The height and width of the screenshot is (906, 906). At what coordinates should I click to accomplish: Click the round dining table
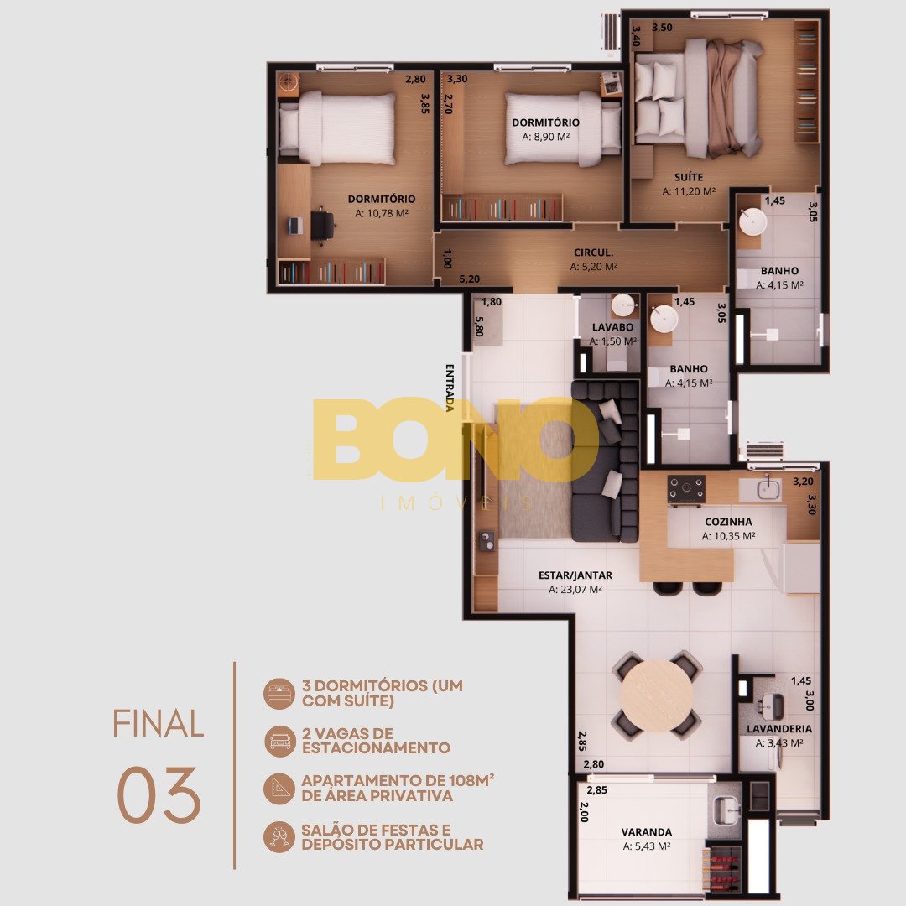coord(658,695)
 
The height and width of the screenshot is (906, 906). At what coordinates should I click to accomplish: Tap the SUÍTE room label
coord(689,177)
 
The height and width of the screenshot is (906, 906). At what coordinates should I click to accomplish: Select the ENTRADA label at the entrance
coord(450,387)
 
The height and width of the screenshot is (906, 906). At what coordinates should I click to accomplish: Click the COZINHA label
coord(728,522)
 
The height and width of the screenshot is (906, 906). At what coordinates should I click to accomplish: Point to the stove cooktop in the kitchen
coord(686,489)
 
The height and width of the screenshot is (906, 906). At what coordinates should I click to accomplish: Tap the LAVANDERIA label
coord(778,729)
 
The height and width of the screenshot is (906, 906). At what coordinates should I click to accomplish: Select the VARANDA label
coord(647,832)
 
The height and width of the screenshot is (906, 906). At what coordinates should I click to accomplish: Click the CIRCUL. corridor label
coord(593,253)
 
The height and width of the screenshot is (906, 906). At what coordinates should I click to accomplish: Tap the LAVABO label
coord(612,327)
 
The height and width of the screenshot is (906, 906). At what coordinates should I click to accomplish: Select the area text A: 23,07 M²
coord(575,590)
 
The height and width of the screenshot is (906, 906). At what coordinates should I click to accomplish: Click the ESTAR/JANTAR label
coord(575,575)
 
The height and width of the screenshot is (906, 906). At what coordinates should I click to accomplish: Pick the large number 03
coord(159,795)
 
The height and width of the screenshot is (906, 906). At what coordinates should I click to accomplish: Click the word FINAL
coord(158,723)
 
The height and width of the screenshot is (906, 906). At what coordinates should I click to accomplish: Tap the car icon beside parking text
coord(279,742)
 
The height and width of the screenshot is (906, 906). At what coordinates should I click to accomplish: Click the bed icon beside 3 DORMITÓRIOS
coord(279,694)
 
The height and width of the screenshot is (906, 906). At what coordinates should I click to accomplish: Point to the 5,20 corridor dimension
coord(469,279)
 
